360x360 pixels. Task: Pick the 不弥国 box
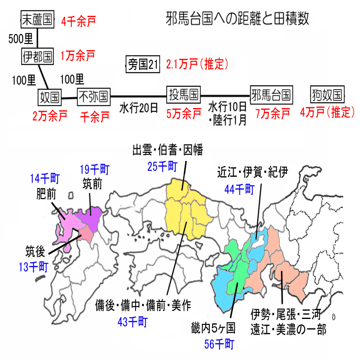coord(93,97)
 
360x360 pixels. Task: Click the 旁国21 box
coord(143,65)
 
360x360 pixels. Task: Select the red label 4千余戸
coord(78,21)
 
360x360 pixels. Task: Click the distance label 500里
coord(21,39)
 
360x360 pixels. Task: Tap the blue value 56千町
coord(220,344)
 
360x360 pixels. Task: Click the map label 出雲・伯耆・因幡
coord(168,151)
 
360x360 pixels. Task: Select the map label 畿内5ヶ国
coord(213,329)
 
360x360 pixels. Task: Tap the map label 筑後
coord(35,251)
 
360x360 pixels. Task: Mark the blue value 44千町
coord(239,189)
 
